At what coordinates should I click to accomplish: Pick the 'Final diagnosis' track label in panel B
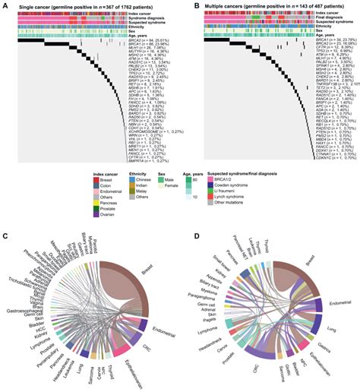coord(339,18)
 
